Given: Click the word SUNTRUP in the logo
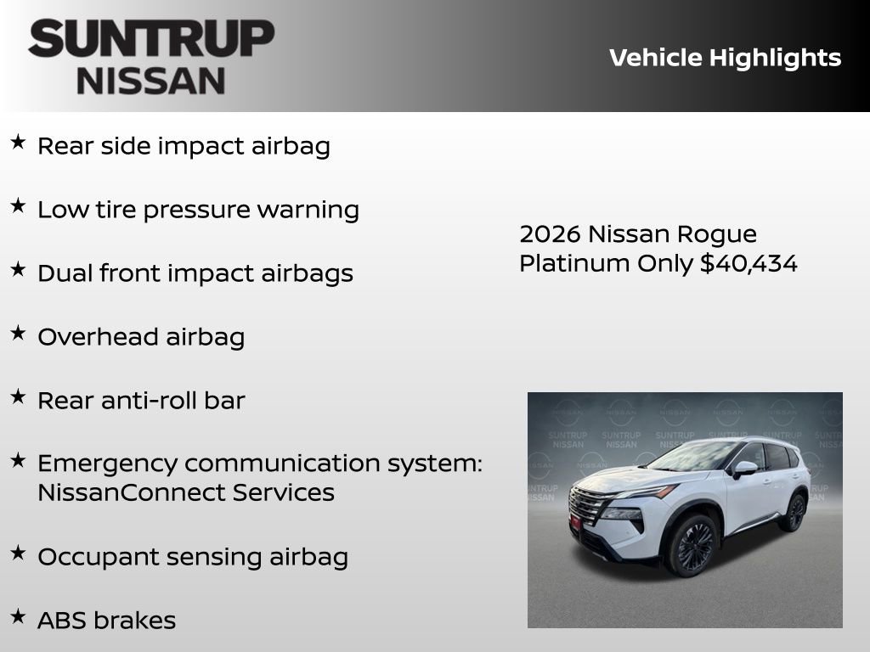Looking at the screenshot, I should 151,39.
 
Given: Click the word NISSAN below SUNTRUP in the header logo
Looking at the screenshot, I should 151,80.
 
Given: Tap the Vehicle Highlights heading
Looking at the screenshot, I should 725,58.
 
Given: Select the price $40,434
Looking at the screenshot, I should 749,263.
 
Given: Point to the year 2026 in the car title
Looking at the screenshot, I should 550,233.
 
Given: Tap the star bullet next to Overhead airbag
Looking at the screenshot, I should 18,333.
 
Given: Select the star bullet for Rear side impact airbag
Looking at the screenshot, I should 18,142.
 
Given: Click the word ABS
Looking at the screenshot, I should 62,621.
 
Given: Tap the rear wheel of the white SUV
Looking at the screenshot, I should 794,512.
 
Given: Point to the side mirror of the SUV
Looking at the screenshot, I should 744,468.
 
